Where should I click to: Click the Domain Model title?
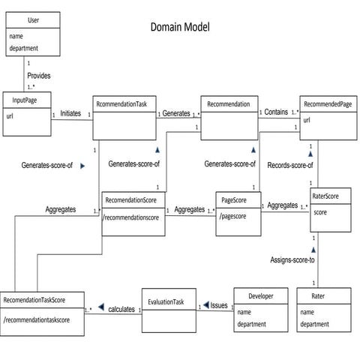[180, 28]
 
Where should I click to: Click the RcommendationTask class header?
[124, 105]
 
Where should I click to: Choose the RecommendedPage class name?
[328, 105]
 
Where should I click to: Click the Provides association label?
[39, 76]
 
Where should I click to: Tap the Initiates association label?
[70, 113]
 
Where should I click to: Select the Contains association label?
[275, 112]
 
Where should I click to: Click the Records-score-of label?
[290, 164]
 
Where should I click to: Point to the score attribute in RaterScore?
[320, 212]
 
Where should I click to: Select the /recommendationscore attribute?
[133, 217]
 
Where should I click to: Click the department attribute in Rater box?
[315, 324]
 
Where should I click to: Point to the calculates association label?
[121, 309]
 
